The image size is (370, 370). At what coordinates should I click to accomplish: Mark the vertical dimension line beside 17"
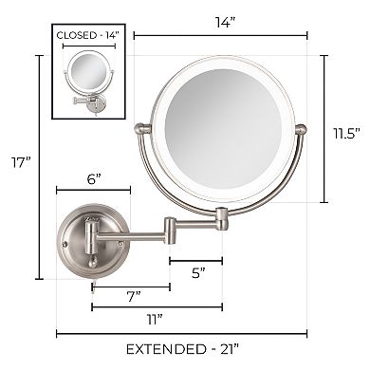click(39, 166)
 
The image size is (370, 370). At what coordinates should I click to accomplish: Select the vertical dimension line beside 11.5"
click(327, 128)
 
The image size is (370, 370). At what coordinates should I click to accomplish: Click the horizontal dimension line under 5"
click(196, 260)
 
